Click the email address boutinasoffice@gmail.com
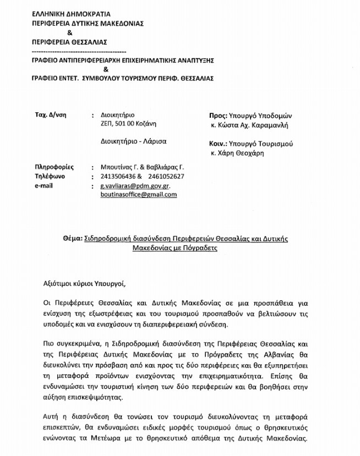pos(134,195)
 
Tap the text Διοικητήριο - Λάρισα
pos(133,141)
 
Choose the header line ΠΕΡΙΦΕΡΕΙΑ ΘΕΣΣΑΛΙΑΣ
pos(69,42)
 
